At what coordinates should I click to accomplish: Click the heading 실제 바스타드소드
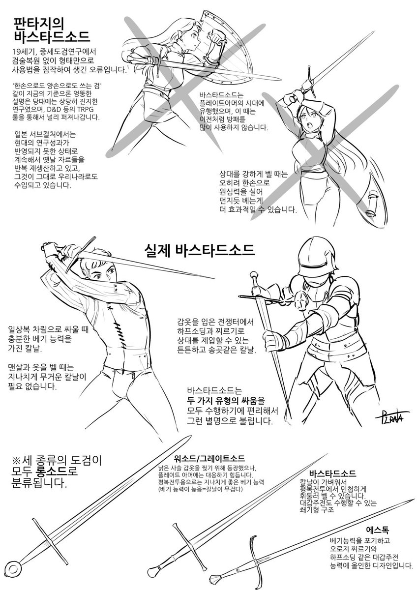[200, 250]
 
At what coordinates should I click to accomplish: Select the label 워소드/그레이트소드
[209, 458]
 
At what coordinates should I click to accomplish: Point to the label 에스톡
[378, 522]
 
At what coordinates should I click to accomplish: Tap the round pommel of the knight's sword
[253, 275]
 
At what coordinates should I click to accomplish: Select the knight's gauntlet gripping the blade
[274, 341]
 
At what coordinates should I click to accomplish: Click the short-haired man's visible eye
[98, 276]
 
